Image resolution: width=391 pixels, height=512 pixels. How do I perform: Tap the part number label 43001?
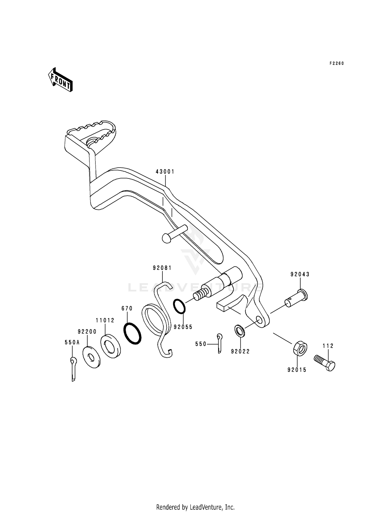pos(165,172)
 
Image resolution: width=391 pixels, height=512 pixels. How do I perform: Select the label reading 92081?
pos(162,268)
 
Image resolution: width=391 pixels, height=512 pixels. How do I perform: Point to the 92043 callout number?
pos(300,274)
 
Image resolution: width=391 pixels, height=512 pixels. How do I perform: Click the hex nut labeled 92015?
pos(300,348)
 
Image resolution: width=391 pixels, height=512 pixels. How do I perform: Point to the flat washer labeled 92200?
pos(91,357)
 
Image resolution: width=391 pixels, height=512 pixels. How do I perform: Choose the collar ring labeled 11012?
pos(111,347)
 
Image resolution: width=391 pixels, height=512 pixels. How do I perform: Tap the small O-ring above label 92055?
pos(179,306)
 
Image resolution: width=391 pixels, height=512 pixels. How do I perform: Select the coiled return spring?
pos(156,321)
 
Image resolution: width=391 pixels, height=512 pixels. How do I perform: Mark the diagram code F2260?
pos(337,63)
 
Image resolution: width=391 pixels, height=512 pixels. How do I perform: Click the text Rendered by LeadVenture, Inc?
pos(195,500)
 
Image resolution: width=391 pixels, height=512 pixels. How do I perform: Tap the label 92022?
pos(240,352)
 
